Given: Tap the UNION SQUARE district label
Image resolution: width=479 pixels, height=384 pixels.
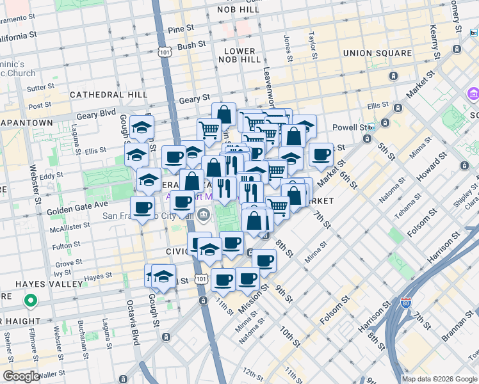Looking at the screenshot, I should pos(377,52).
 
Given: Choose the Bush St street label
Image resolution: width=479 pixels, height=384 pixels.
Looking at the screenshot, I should pos(191,45).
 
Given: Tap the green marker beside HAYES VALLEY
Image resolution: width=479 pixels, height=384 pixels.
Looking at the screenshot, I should pos(29,299).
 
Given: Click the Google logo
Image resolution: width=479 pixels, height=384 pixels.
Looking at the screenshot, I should pos(20,377).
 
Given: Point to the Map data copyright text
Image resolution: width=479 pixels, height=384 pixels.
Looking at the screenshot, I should pos(439,379).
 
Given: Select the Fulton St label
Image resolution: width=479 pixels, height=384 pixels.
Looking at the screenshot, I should pos(65,245).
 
